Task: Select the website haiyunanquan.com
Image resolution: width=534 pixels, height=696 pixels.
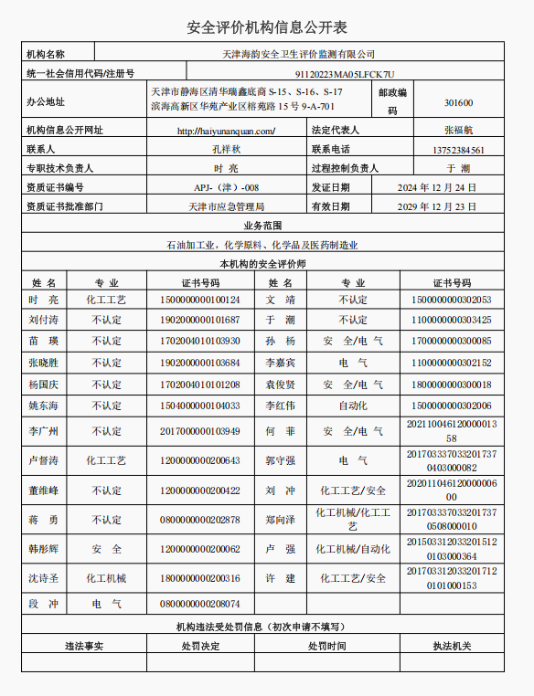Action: click(x=225, y=131)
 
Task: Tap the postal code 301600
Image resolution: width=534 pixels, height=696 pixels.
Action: click(x=458, y=102)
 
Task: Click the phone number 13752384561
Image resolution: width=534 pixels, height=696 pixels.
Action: click(x=458, y=150)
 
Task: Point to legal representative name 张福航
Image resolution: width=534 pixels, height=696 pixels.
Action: click(x=458, y=131)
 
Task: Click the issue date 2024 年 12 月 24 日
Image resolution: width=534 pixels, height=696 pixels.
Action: click(x=436, y=187)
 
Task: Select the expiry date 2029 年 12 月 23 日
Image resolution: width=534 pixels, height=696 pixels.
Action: click(x=436, y=207)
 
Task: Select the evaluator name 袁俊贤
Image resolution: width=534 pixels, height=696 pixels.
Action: click(x=281, y=385)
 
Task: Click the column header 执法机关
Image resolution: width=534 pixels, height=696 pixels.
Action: click(x=452, y=646)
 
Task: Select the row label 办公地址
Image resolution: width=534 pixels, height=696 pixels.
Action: click(x=46, y=101)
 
